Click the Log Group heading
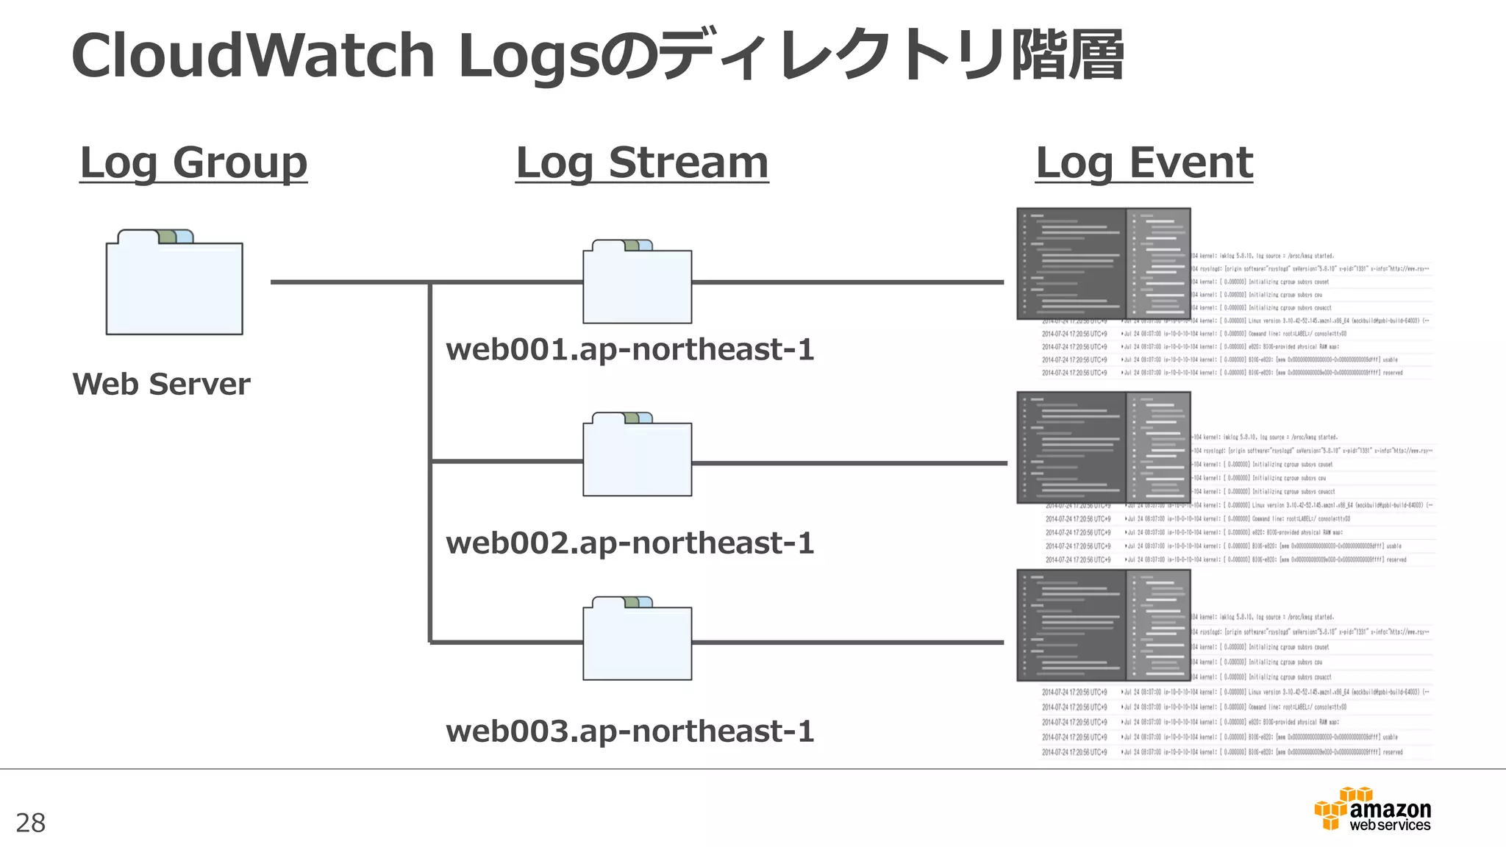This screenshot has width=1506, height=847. pos(193,162)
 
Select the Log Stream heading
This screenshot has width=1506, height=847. pos(642,162)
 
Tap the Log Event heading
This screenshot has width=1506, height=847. pos(1144,162)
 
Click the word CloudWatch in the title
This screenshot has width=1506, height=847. pos(253,57)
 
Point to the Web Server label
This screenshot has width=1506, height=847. pos(161,384)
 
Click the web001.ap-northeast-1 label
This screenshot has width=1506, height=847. pos(630,349)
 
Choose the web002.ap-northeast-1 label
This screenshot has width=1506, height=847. pos(630,543)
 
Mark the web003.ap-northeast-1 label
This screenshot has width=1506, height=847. pos(630,731)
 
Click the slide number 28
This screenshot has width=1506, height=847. pos(30,823)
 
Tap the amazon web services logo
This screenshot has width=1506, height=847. pos(1373,810)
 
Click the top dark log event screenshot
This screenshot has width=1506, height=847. pos(1103,264)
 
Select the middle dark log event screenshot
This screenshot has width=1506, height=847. pos(1103,447)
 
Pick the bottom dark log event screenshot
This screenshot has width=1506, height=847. pos(1103,625)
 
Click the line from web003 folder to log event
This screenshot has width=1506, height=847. pos(846,643)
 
